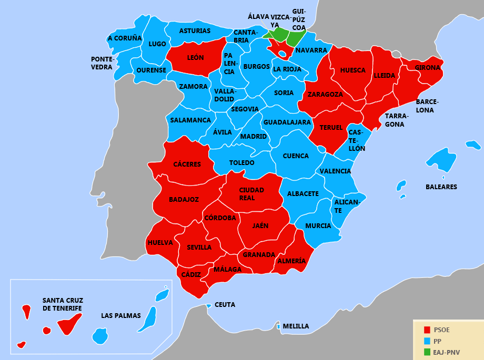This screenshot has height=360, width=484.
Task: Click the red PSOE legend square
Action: [427, 330]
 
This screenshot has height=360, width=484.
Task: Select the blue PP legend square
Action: [427, 341]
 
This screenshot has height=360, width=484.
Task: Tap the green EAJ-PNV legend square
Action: [427, 352]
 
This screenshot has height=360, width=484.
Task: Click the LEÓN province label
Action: [195, 57]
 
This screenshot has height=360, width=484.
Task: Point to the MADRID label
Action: [254, 137]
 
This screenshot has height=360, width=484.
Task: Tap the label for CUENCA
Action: [296, 156]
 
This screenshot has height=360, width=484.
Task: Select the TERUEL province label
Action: [331, 128]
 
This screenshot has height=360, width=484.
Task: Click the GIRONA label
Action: [427, 68]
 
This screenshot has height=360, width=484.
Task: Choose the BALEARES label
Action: [441, 187]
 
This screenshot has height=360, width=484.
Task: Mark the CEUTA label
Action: [225, 305]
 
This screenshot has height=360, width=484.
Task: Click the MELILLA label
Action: [296, 326]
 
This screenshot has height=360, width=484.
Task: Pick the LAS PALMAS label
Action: [121, 316]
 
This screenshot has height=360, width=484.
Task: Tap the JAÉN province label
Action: [260, 226]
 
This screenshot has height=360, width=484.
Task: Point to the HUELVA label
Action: [160, 243]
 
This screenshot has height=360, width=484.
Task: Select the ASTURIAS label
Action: [195, 31]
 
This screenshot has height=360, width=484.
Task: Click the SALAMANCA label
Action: [190, 120]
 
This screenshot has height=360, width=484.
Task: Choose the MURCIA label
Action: [318, 226]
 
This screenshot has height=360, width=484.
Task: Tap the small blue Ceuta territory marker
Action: [209, 305]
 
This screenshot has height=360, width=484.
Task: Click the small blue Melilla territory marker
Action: [278, 326]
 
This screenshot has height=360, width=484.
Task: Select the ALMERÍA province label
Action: [291, 261]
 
